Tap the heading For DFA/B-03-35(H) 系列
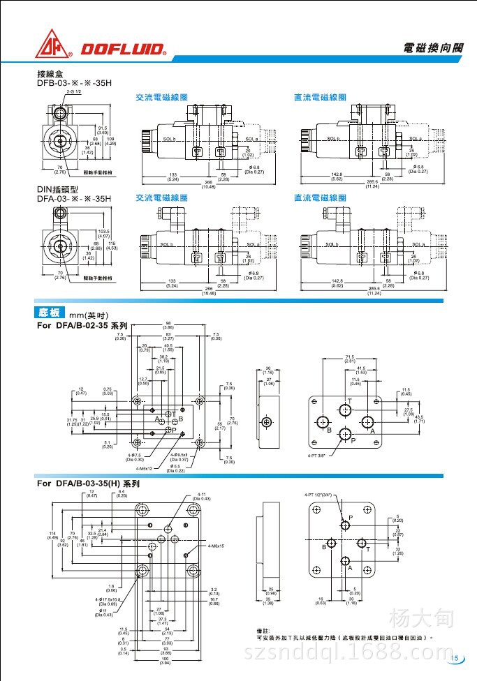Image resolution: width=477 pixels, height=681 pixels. pos(88,483)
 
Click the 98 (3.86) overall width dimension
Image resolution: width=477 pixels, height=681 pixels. pos(168,324)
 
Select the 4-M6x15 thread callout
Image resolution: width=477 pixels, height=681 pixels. pos(216,546)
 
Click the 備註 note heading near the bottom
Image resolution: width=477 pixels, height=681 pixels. pos(264,630)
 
